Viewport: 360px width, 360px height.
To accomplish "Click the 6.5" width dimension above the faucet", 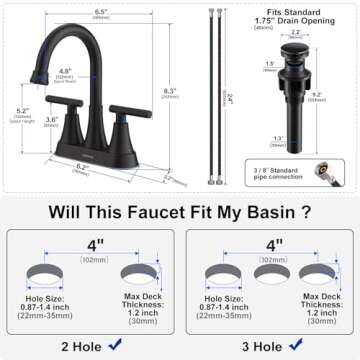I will tap(101, 11).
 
